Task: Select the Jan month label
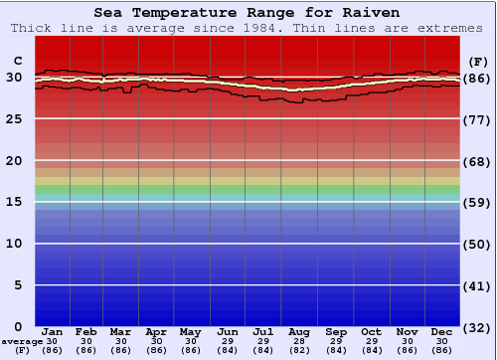pyautogui.click(x=53, y=331)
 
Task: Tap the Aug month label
pyautogui.click(x=298, y=331)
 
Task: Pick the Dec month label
pyautogui.click(x=442, y=331)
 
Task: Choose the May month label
pyautogui.click(x=191, y=331)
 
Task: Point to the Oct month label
pyautogui.click(x=372, y=331)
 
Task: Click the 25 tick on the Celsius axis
pyautogui.click(x=15, y=118)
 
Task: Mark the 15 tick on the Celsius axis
pyautogui.click(x=15, y=202)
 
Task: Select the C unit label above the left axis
pyautogui.click(x=17, y=61)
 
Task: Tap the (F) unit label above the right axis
pyautogui.click(x=478, y=61)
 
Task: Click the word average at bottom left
pyautogui.click(x=22, y=340)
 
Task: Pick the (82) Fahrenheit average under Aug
pyautogui.click(x=298, y=350)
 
